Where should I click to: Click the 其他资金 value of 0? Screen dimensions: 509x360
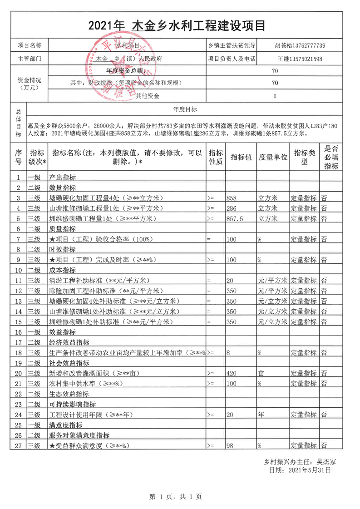275,96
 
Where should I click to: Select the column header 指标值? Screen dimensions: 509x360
241,158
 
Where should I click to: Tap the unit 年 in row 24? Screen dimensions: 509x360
261,415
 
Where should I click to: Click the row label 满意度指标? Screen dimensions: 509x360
65,425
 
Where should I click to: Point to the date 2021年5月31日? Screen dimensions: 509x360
306,470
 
